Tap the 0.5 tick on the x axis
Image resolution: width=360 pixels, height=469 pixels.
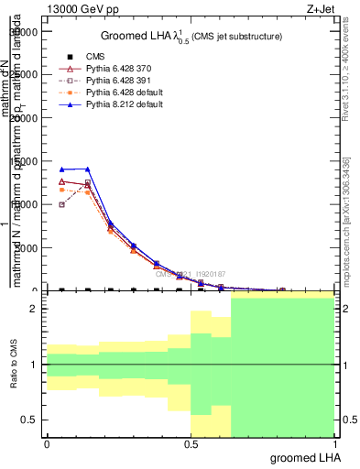coord(191,444)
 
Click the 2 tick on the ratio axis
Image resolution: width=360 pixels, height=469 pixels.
coord(33,310)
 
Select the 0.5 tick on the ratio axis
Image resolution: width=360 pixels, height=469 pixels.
coord(28,420)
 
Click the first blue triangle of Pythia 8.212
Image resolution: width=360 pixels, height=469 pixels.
coord(61,169)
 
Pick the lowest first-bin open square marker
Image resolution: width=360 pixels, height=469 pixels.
coord(61,204)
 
